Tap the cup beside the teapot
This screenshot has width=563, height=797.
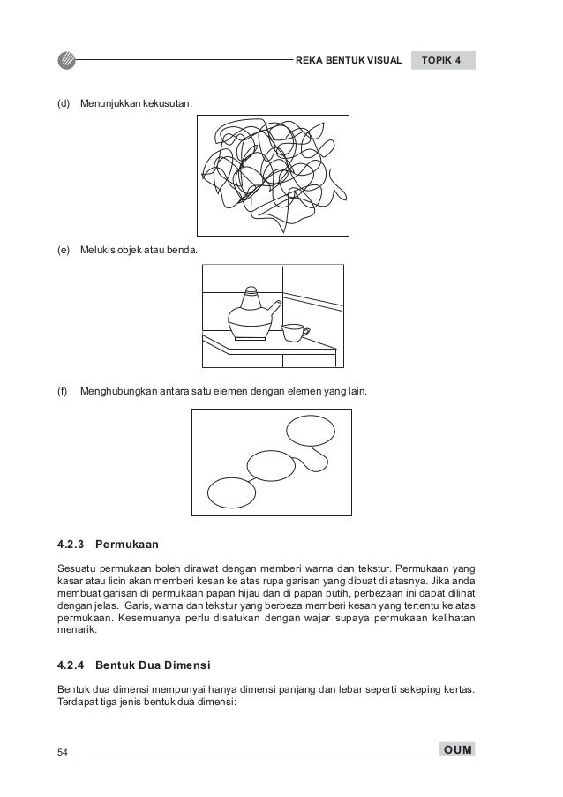tap(293, 332)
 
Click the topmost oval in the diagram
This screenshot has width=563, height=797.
tap(311, 432)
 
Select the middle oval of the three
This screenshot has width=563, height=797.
tap(271, 464)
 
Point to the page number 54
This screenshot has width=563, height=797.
tap(63, 751)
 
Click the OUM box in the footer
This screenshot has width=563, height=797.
tap(457, 750)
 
